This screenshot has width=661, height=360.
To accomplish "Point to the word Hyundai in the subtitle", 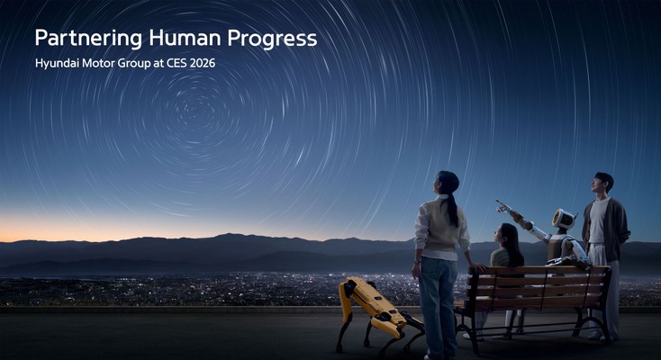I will coord(59,64).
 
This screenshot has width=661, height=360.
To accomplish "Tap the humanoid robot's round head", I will coord(564,219).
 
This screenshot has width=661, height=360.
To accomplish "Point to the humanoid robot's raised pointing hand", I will coord(501,206).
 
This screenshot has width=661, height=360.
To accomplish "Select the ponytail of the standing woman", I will coord(453,209).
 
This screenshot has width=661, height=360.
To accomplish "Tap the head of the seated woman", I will coord(508,235).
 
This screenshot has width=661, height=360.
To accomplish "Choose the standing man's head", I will coord(603,183).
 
